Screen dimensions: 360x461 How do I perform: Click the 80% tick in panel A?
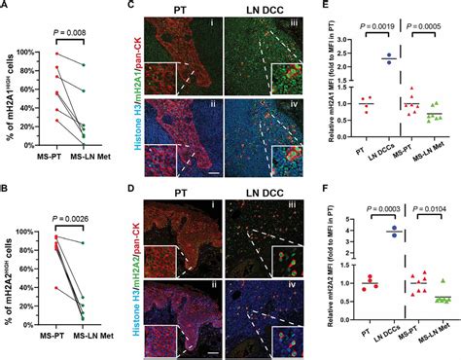tap(39, 66)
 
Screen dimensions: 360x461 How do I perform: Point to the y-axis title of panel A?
tap(13, 92)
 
